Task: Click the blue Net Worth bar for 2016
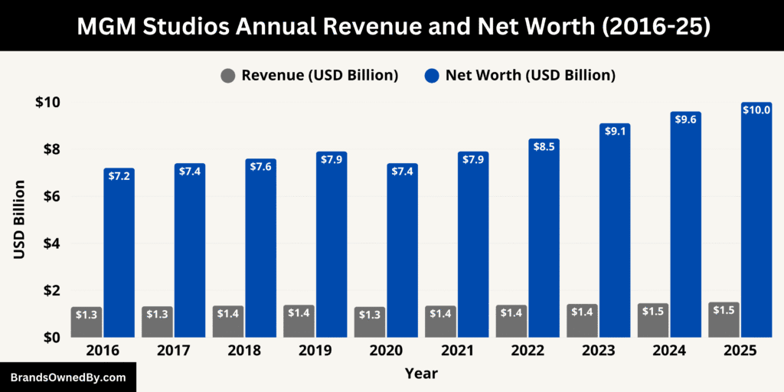pos(119,253)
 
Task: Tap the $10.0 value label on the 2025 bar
pos(756,110)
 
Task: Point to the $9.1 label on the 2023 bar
pos(615,131)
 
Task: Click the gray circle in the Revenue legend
pos(227,76)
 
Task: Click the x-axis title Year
pos(422,374)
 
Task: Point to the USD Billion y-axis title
pos(20,219)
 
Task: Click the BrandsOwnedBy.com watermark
pos(67,377)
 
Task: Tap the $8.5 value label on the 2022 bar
pos(544,145)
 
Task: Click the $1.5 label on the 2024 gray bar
pos(653,311)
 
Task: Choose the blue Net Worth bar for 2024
pos(685,230)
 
